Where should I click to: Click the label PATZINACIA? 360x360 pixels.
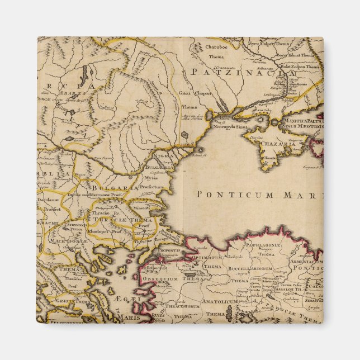coord(241,72)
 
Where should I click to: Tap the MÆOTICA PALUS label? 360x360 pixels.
coord(302,119)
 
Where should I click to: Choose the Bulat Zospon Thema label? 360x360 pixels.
coord(305,66)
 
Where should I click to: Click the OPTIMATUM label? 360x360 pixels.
coord(206,258)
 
